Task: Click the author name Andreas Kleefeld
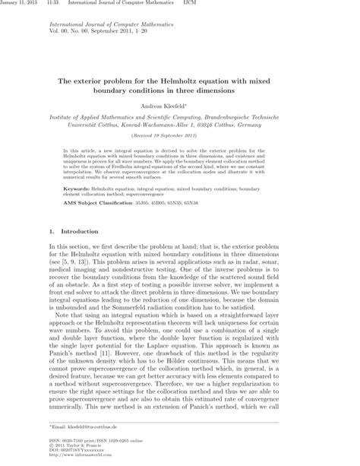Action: [179, 106]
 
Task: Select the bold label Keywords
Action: [81, 186]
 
